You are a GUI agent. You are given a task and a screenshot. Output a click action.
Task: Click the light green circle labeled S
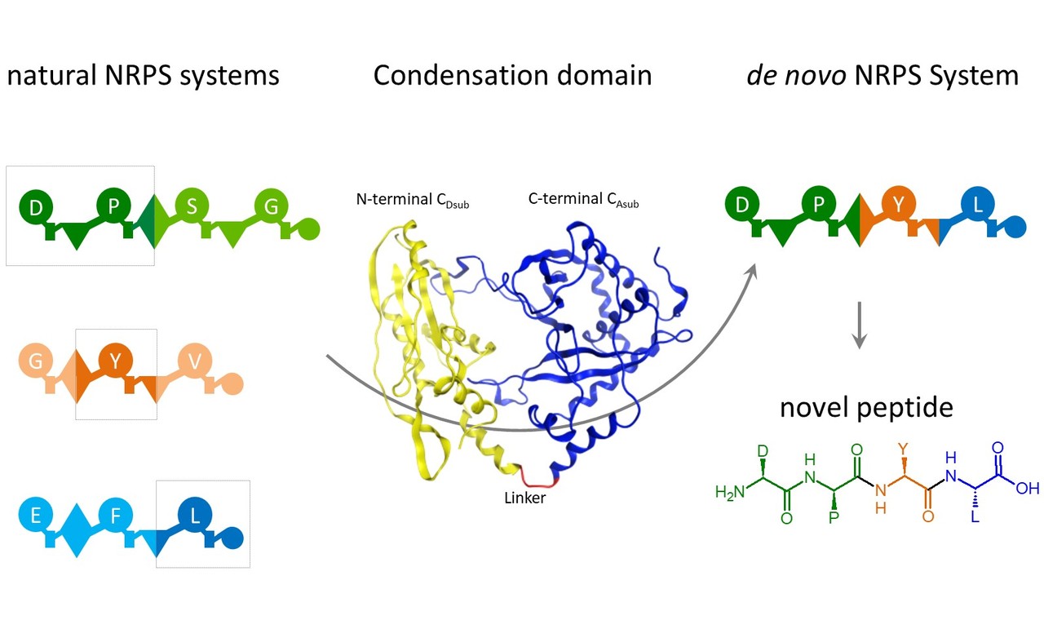(x=191, y=206)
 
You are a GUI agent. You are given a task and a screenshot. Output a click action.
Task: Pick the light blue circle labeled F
(x=114, y=515)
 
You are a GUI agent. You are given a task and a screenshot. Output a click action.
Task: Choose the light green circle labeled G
(x=271, y=206)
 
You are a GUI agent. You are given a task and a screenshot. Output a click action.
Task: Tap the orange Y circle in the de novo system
(x=898, y=206)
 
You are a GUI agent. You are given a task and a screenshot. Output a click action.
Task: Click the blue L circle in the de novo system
(x=977, y=206)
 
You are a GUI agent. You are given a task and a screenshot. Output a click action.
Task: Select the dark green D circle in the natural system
(x=35, y=207)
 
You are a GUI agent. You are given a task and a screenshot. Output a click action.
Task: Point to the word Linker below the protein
(x=524, y=497)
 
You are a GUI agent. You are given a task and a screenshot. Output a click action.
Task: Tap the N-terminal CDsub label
(x=412, y=200)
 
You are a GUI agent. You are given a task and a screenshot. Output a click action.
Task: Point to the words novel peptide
(x=866, y=406)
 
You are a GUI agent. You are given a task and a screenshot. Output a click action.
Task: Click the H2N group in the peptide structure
(x=729, y=492)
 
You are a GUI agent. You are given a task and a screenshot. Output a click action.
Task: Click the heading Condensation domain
(x=512, y=76)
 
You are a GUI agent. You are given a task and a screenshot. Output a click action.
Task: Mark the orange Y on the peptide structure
(x=902, y=448)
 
